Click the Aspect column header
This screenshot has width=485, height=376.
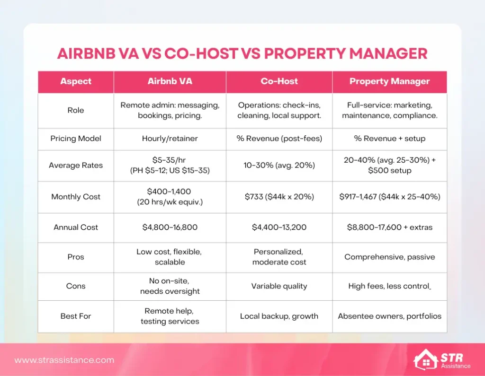click(76, 81)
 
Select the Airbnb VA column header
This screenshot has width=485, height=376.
click(170, 81)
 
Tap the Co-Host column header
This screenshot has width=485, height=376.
click(279, 81)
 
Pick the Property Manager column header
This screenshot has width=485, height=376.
click(389, 81)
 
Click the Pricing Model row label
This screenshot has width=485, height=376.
click(76, 139)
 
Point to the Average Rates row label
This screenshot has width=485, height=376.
click(76, 165)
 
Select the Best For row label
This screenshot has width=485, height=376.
click(76, 316)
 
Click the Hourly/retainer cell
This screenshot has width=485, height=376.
click(170, 139)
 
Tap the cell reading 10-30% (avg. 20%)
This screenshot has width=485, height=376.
click(279, 165)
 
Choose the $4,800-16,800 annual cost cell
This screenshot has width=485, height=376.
click(170, 227)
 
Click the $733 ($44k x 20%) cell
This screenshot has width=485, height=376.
click(279, 197)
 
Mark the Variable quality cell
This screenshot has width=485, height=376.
click(279, 286)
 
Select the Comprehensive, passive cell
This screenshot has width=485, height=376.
click(389, 257)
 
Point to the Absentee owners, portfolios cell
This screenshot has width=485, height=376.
click(389, 316)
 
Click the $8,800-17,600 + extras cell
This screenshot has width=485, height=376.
click(389, 227)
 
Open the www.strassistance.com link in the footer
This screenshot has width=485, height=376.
click(64, 360)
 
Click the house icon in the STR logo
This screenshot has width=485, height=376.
click(426, 359)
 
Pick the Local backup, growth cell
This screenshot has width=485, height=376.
click(279, 316)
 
